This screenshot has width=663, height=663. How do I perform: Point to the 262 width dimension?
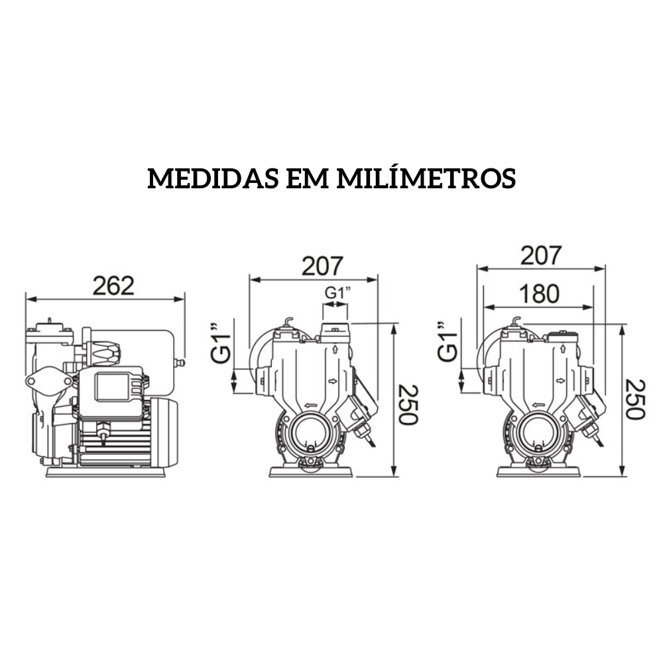[113, 286]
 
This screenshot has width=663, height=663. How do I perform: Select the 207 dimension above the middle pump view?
[322, 266]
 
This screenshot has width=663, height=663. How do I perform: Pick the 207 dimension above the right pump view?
[540, 255]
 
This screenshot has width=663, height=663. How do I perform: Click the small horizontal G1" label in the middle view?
[335, 292]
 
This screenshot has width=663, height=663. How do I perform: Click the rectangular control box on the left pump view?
[115, 387]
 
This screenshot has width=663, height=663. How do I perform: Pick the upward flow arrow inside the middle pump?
[335, 349]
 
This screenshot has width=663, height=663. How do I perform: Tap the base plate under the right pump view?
[538, 472]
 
